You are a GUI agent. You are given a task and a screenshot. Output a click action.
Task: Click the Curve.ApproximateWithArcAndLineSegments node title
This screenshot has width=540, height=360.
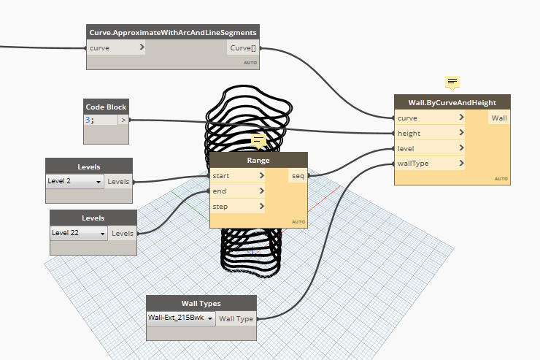[x=173, y=32]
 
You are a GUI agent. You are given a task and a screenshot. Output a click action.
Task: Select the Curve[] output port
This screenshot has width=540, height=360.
[x=243, y=48]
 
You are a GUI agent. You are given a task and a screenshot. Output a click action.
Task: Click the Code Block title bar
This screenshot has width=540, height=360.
[x=106, y=107]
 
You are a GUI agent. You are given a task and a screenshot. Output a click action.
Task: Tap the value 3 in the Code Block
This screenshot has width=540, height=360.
[x=88, y=120]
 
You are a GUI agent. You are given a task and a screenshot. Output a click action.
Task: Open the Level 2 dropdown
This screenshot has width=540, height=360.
[x=74, y=181]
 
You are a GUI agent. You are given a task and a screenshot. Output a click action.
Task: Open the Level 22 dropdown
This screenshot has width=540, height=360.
[x=79, y=233]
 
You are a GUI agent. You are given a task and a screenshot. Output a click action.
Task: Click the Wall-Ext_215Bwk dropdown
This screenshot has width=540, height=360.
[x=181, y=318]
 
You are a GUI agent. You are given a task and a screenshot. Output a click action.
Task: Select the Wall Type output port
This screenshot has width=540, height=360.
[x=236, y=319]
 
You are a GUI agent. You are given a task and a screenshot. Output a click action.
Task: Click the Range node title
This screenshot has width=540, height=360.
[x=258, y=160]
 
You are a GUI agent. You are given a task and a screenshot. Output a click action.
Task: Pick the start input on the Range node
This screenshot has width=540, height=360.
[x=237, y=176]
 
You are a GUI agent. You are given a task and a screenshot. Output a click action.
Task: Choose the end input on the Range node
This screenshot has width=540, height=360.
[x=237, y=191]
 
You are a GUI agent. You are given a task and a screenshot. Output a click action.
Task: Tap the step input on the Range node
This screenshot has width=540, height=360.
[x=237, y=207]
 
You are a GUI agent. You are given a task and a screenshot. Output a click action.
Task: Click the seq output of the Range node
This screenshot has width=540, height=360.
[x=298, y=176]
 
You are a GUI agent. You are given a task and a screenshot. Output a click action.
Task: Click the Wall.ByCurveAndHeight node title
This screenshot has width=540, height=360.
[x=452, y=102]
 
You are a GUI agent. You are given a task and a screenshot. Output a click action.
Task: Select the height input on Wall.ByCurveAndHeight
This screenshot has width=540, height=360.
[x=430, y=133]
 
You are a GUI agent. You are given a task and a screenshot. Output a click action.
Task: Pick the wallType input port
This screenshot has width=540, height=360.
[x=430, y=164]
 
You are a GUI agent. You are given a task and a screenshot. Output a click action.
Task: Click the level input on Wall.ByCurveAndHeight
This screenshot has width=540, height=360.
[x=430, y=148]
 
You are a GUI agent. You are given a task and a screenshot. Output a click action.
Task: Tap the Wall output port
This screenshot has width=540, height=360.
[x=499, y=118]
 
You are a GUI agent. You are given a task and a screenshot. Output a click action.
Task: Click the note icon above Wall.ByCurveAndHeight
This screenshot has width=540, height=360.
[x=452, y=83]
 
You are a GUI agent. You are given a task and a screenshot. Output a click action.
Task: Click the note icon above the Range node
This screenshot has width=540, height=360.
[x=258, y=140]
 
